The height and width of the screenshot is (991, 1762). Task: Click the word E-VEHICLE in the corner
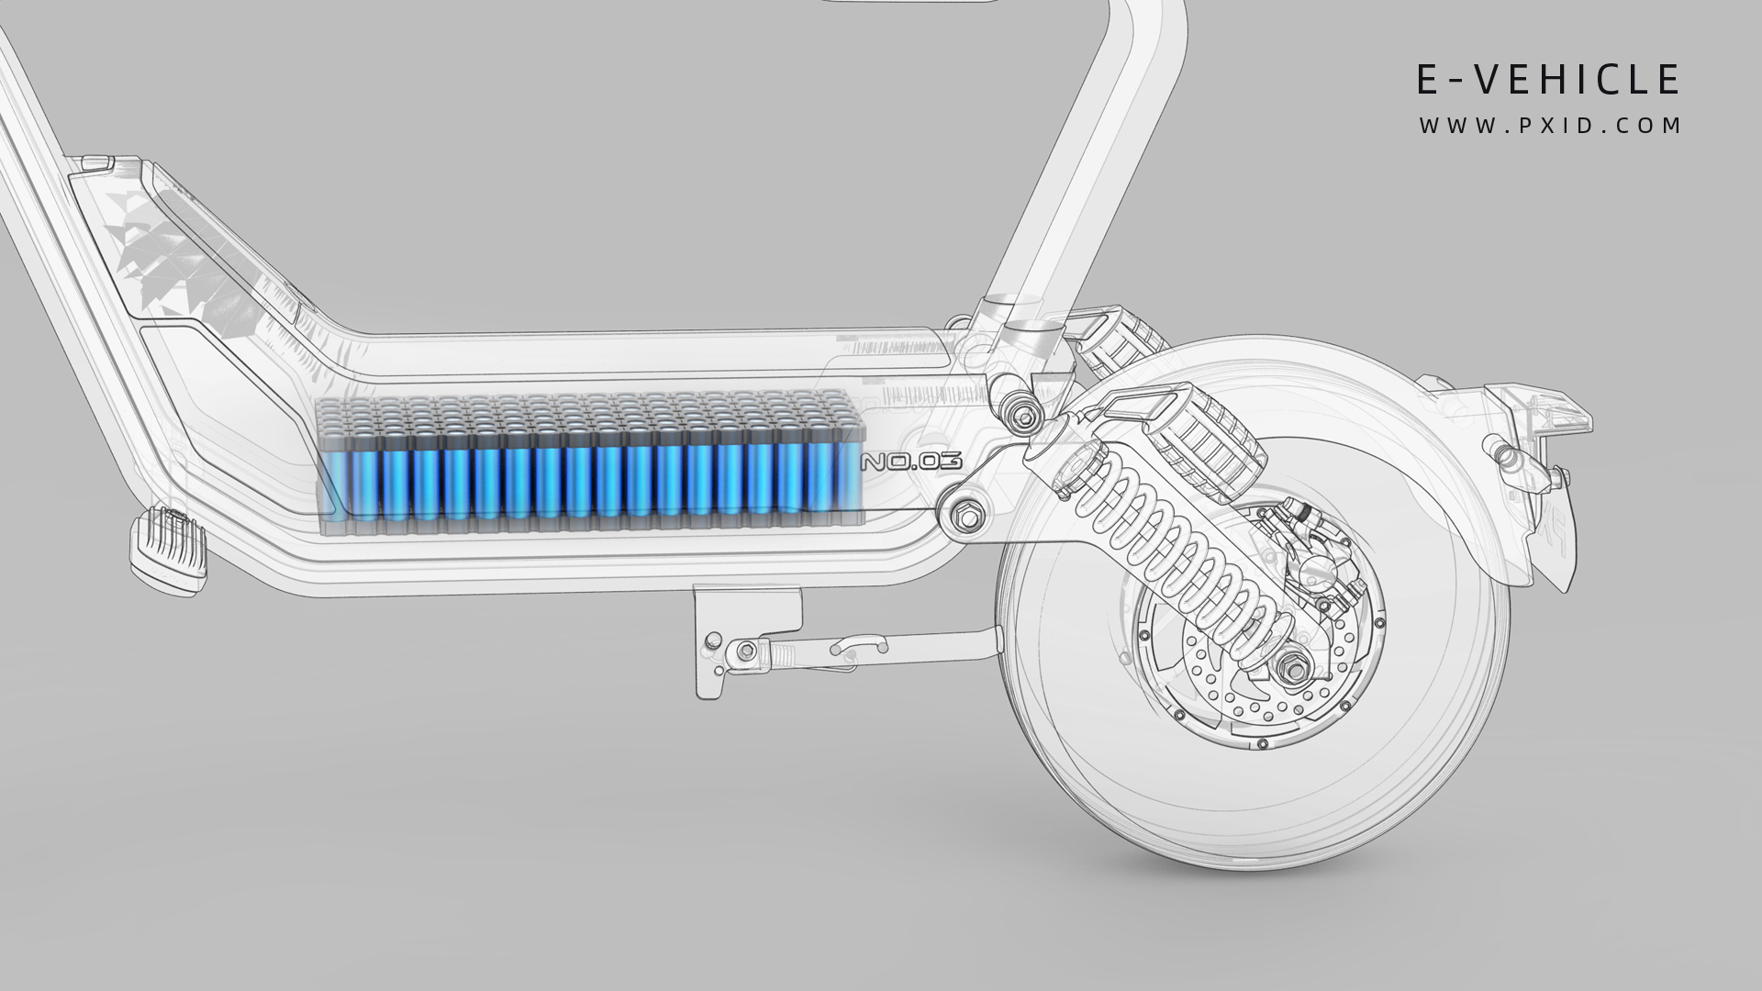click(1548, 80)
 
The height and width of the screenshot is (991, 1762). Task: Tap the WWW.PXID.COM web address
click(1549, 126)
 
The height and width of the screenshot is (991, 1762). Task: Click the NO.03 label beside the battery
click(910, 462)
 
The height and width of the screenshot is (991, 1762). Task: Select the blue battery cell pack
click(587, 463)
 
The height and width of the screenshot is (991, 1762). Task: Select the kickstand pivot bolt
click(747, 651)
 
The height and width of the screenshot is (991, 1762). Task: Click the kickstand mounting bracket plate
click(748, 610)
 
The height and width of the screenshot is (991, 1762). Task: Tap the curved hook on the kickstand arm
click(858, 647)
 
